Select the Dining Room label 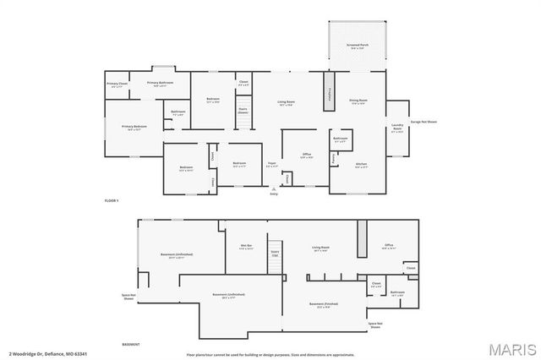[x=358, y=102]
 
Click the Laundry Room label [x=396, y=129]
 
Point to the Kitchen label [x=361, y=166]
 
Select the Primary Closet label [x=117, y=85]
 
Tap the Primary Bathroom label [x=161, y=83]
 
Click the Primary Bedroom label [x=134, y=127]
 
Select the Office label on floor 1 [x=308, y=155]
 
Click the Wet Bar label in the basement [x=246, y=248]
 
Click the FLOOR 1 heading [x=111, y=200]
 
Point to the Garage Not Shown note [x=423, y=122]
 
